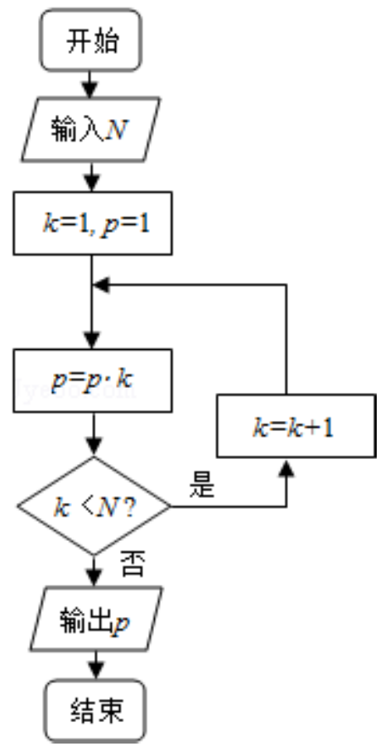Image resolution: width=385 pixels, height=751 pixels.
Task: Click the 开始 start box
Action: [90, 41]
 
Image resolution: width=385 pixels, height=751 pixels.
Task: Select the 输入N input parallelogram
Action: [90, 129]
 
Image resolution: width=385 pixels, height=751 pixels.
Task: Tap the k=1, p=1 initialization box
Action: [93, 223]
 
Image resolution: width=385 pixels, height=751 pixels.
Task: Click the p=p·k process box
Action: [93, 380]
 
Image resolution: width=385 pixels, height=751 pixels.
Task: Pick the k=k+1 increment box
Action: [296, 426]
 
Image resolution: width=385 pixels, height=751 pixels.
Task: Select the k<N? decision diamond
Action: [94, 506]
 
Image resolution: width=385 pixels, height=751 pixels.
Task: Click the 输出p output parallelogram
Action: [96, 619]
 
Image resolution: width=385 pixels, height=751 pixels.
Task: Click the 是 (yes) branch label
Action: [202, 486]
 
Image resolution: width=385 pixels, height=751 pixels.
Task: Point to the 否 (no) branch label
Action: [132, 565]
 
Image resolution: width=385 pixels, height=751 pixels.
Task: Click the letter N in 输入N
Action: [117, 129]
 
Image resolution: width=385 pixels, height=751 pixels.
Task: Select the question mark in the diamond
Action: [129, 508]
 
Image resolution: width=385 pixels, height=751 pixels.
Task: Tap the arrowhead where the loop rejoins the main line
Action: [100, 285]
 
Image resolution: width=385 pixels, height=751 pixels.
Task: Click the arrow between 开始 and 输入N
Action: [90, 84]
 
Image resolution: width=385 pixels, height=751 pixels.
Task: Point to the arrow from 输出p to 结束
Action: [96, 665]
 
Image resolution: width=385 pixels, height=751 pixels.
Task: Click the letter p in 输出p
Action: [120, 623]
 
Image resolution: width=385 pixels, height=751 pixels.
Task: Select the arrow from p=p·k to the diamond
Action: [94, 434]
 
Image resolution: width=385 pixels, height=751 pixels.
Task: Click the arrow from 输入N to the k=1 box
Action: [91, 176]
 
